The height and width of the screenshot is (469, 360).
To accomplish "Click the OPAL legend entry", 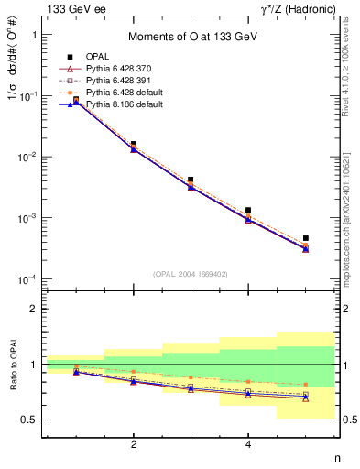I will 108,57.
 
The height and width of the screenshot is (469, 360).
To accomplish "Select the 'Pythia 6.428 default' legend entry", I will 132,93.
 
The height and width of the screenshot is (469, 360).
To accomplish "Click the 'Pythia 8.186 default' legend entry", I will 132,104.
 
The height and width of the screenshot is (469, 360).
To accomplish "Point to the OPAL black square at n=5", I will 306,238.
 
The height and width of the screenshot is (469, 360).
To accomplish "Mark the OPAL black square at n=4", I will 248,210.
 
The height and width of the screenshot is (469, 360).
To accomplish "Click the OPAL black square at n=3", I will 191,180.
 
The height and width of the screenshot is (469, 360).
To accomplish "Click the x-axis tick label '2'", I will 134,445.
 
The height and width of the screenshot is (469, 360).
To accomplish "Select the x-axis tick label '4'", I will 248,445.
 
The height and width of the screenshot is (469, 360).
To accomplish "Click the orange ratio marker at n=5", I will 306,385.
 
